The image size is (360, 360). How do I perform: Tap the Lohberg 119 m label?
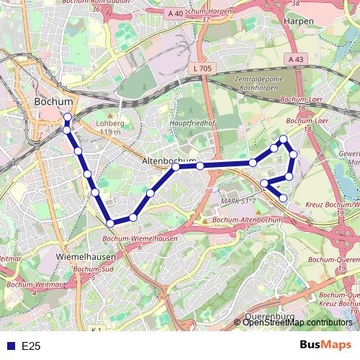[110, 127]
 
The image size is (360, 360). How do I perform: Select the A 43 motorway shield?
[293, 59]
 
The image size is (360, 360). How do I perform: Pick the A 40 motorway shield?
[174, 13]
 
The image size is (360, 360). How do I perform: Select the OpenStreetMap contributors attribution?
[297, 323]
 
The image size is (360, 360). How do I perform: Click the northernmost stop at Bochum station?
[68, 117]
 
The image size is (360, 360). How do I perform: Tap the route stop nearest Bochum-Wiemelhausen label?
[109, 224]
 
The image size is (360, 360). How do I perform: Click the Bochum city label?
[54, 102]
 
